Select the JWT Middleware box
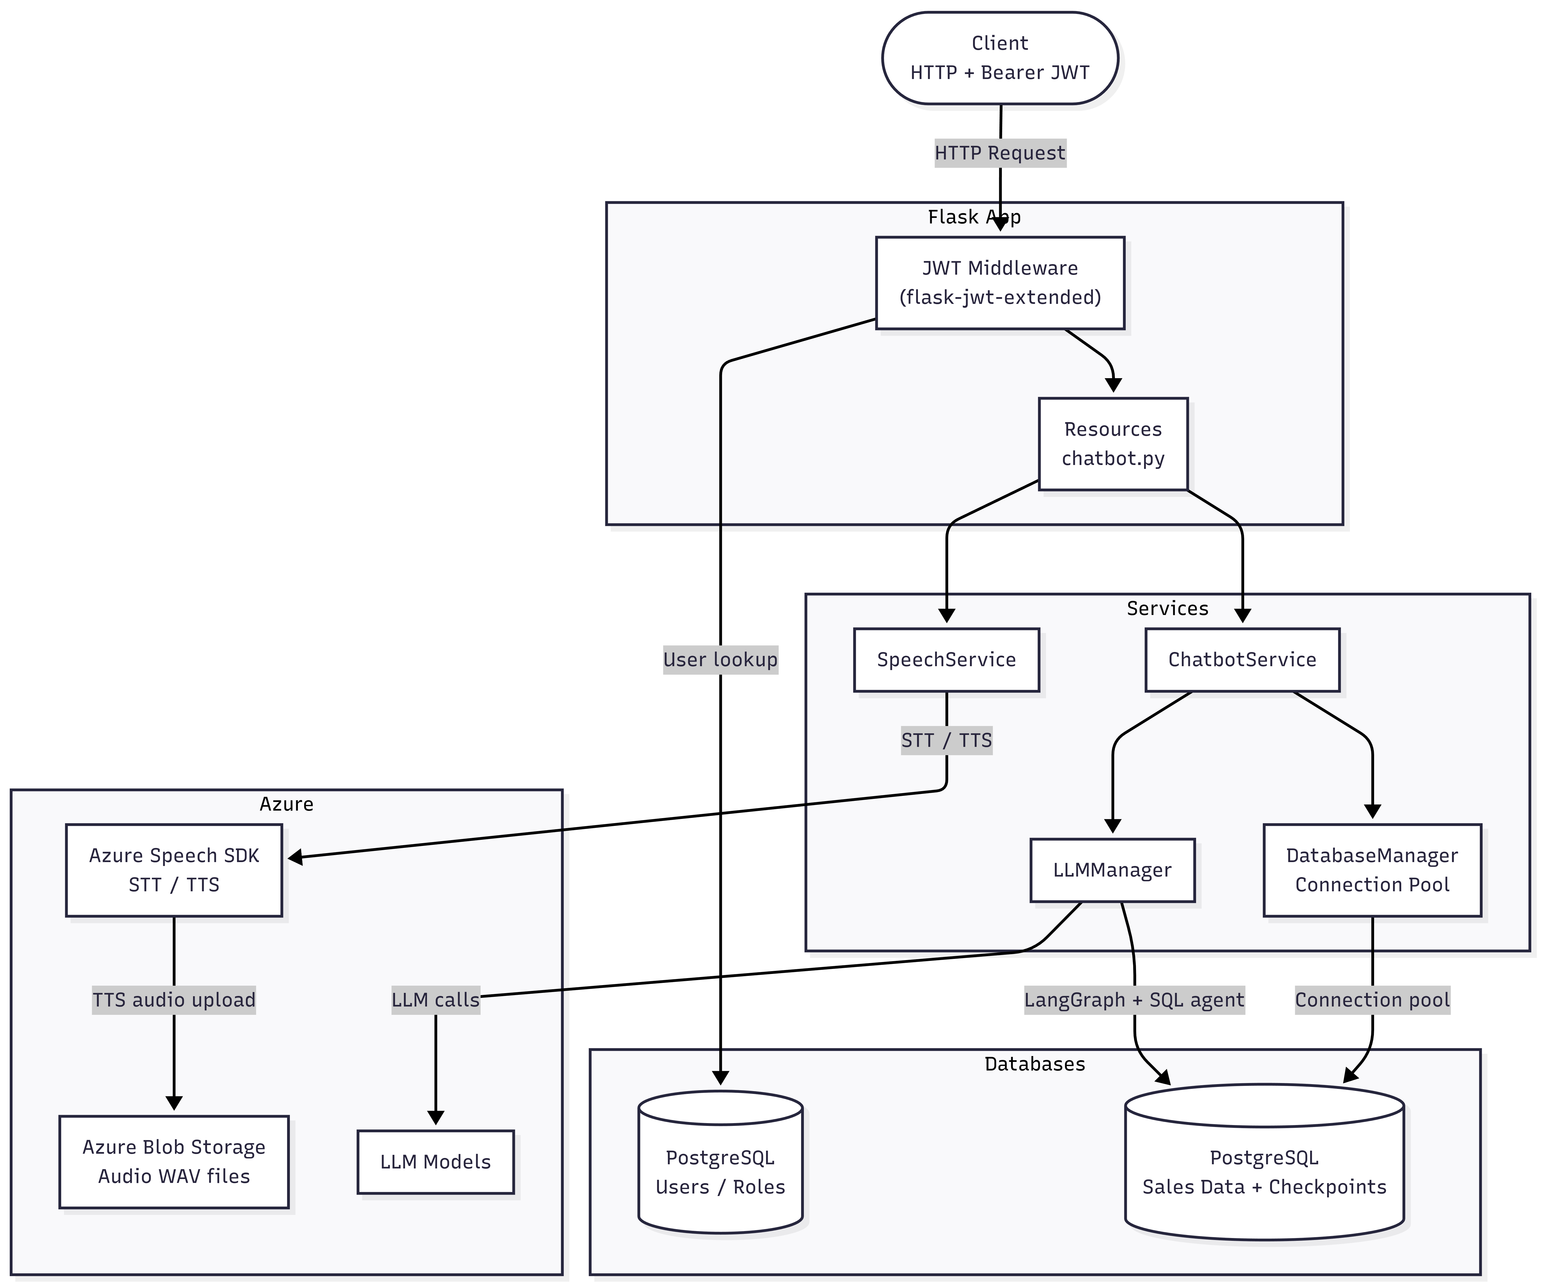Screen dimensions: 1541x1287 pyautogui.click(x=1000, y=283)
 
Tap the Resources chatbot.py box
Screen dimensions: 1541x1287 pyautogui.click(x=1113, y=444)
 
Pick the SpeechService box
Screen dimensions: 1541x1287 pyautogui.click(x=947, y=660)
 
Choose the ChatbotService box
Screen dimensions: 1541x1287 pyautogui.click(x=1242, y=660)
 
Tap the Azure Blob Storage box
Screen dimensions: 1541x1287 pyautogui.click(x=174, y=1162)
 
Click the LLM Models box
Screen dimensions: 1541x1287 pyautogui.click(x=436, y=1162)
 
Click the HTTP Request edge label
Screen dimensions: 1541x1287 pyautogui.click(x=1000, y=153)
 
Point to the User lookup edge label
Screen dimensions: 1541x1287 pyautogui.click(x=721, y=660)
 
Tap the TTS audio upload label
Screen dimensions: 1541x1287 pyautogui.click(x=174, y=1000)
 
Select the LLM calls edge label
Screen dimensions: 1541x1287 pyautogui.click(x=436, y=1000)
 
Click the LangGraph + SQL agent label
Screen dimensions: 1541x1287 pyautogui.click(x=1134, y=1000)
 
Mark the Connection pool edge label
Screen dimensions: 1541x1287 pyautogui.click(x=1372, y=1000)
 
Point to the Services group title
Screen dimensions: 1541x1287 pyautogui.click(x=1167, y=609)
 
